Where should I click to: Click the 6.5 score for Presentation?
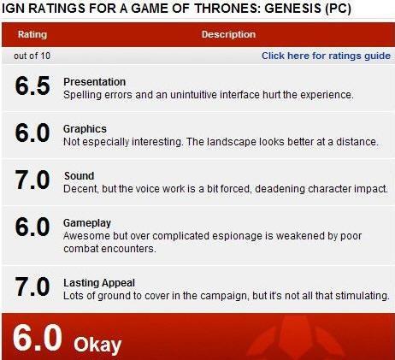coord(32,86)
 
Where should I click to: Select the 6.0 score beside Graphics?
coord(32,133)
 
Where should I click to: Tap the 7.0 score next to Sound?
coord(32,180)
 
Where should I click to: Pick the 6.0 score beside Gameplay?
coord(32,227)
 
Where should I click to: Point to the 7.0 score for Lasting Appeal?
coord(32,287)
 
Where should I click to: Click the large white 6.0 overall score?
coord(37,338)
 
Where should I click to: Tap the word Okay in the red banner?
coord(97,345)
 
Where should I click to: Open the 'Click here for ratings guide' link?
coord(326,56)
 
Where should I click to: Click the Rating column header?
coord(32,34)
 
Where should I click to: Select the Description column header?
coord(228,34)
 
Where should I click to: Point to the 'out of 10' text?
coord(32,56)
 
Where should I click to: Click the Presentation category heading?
coord(94,82)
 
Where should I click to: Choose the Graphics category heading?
coord(85,129)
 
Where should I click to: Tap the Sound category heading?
coord(79,176)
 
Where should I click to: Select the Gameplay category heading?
coord(87,223)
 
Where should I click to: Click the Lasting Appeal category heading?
coord(99,283)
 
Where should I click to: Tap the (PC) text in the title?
coord(338,9)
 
